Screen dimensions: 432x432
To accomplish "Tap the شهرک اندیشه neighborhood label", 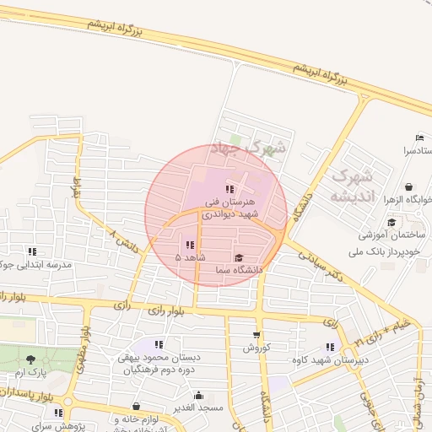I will point(353,186).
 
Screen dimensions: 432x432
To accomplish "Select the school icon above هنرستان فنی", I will point(229,189).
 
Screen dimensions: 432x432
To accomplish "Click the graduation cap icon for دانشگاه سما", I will point(238,258).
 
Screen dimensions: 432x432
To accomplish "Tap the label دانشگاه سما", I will point(239,270).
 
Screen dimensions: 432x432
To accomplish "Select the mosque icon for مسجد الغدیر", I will point(198,395).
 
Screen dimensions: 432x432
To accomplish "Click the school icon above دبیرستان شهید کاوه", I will point(330,347).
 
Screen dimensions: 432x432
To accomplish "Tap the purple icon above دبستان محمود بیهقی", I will point(159,344).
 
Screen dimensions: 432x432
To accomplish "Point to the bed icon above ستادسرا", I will point(419,138).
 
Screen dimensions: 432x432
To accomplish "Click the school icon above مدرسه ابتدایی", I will point(32,251).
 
